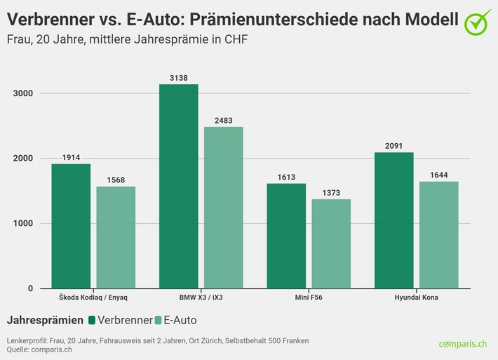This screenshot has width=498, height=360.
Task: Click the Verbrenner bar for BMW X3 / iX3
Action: pos(179,186)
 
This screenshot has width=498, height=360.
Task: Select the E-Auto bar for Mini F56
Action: pos(331,244)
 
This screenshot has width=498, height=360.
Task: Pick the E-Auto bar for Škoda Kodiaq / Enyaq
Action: pos(116,237)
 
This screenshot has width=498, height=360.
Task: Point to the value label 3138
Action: pos(179,78)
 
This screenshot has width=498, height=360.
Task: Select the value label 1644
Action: pos(439,175)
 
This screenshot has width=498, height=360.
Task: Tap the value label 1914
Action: pos(71,158)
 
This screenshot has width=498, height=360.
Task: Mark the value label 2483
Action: pos(224,121)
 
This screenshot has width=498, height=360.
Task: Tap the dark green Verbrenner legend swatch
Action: pos(92,320)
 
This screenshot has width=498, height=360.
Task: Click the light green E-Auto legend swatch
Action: pos(158,320)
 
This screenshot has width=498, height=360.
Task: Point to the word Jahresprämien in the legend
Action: pos(45,320)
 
